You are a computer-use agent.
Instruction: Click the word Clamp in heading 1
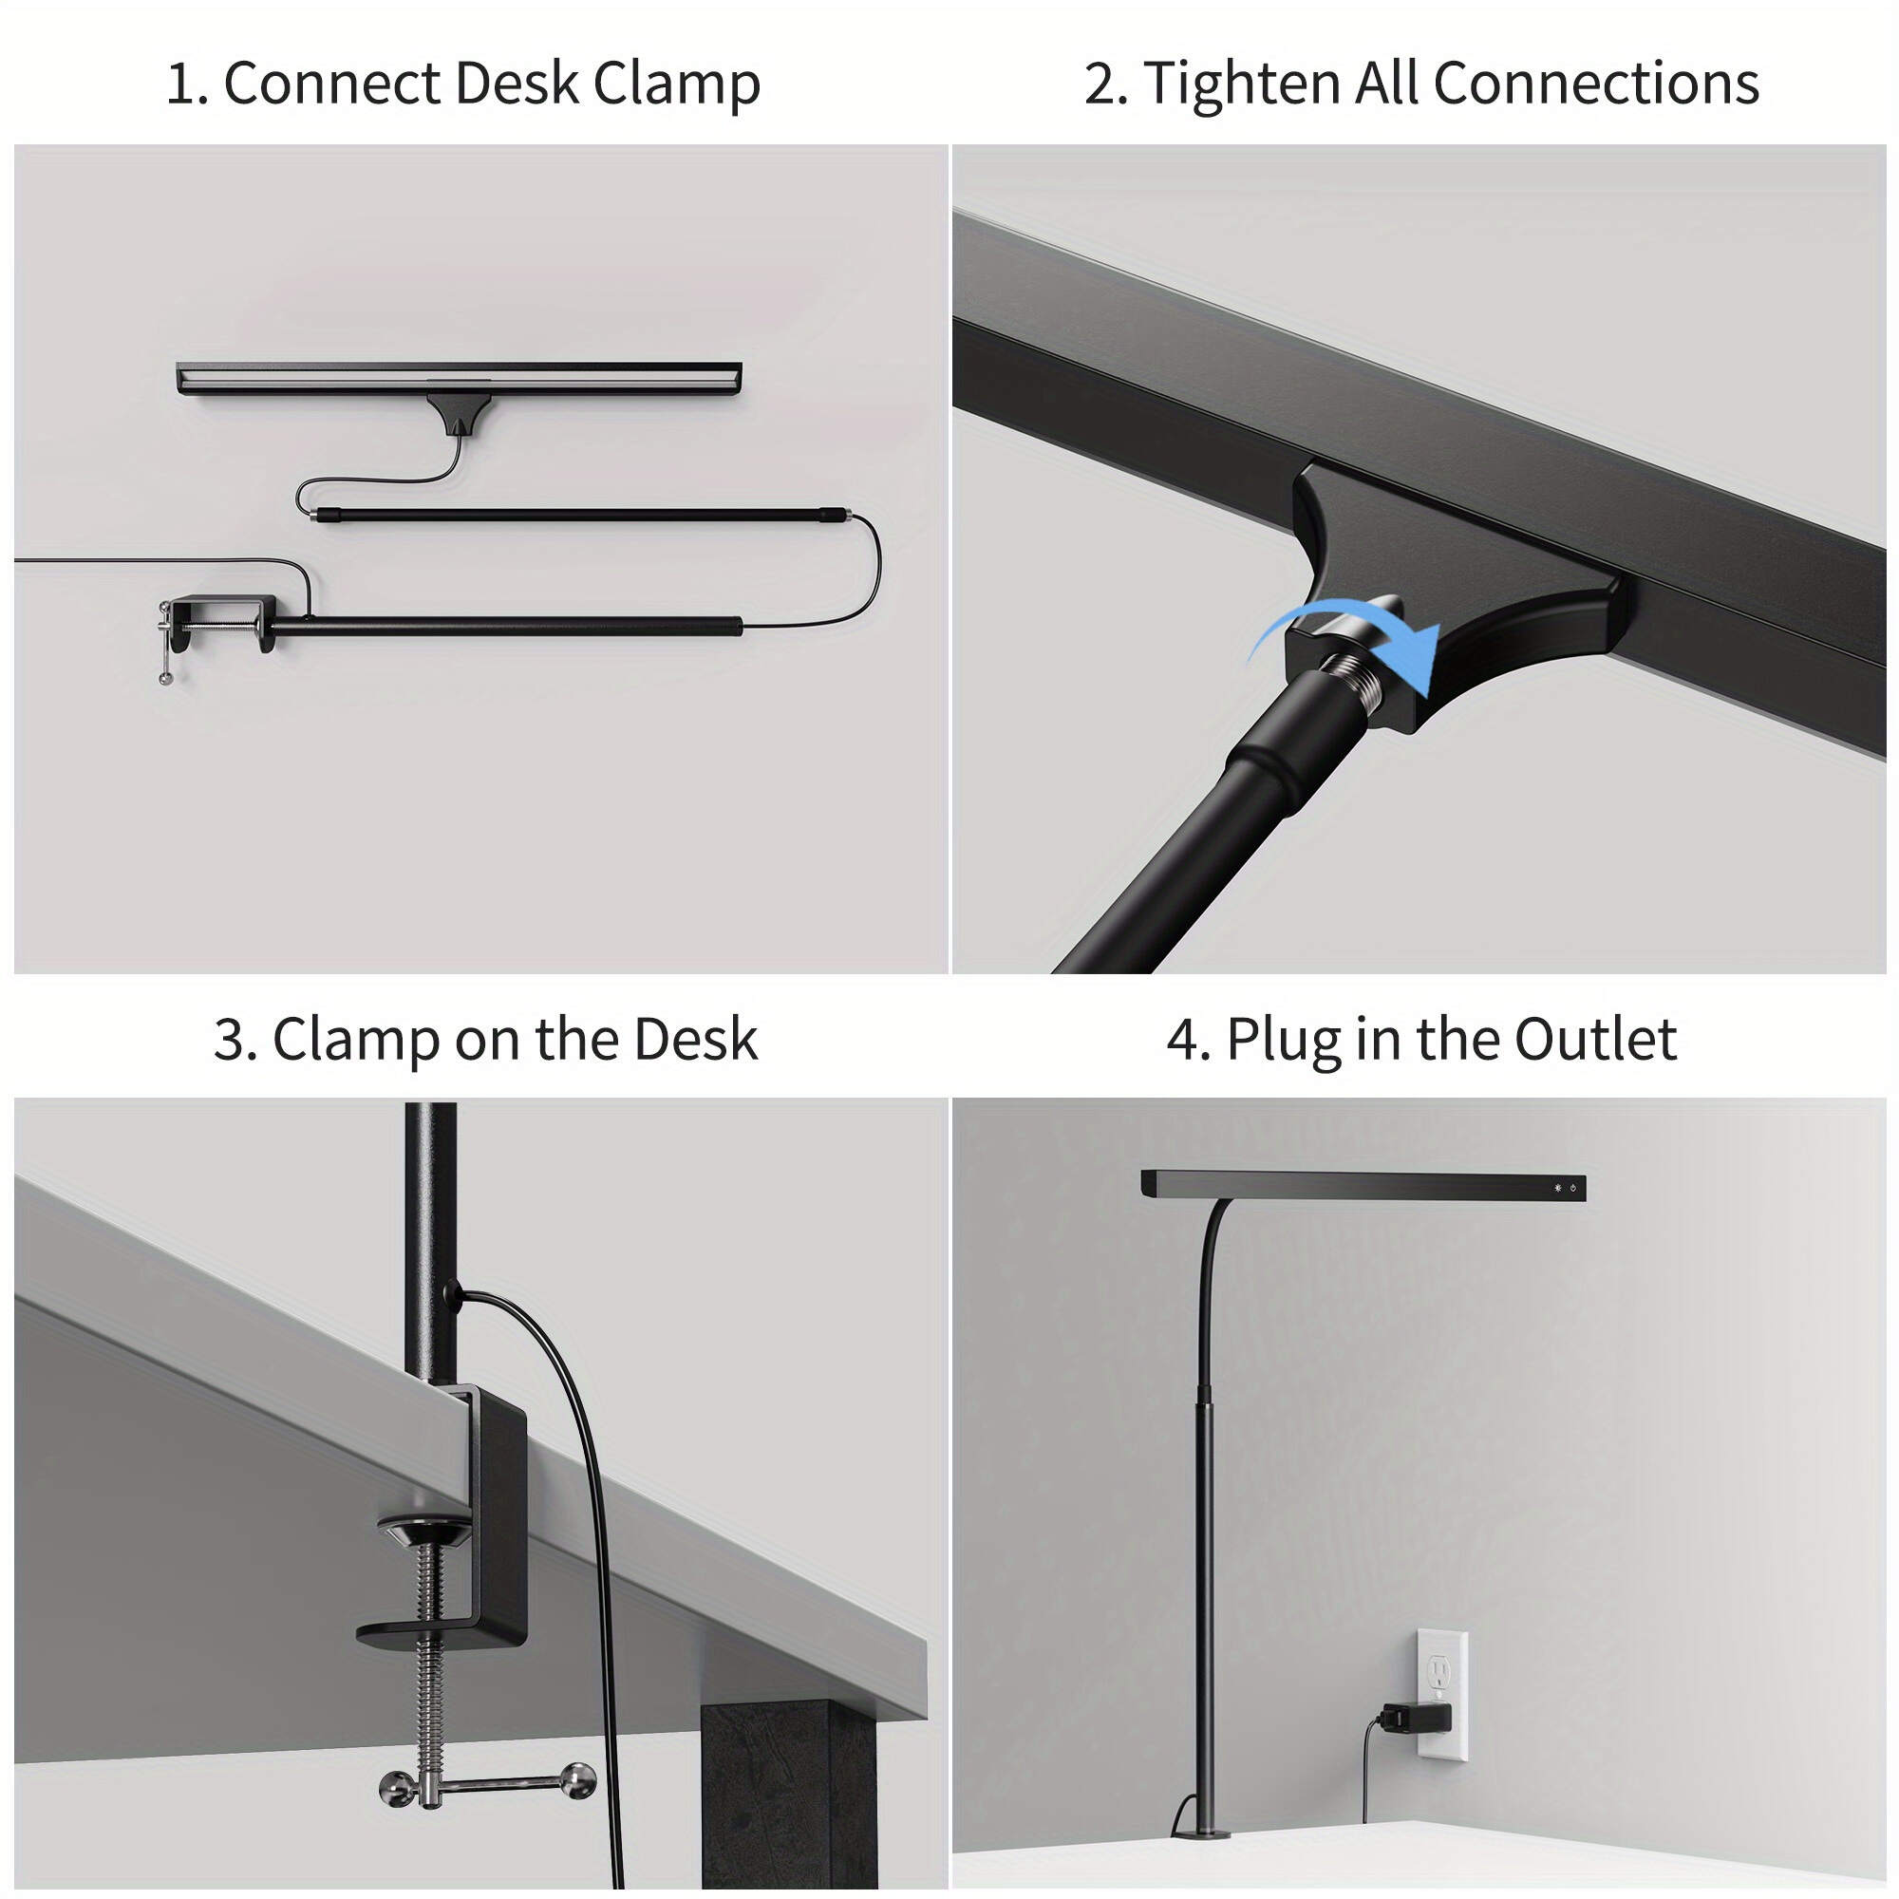coord(676,84)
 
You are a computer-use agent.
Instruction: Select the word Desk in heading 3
coord(695,1040)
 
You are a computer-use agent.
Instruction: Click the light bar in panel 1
coord(458,379)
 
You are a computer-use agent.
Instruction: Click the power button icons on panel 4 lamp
coord(1565,1189)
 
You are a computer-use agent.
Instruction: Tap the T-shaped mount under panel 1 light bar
coord(458,413)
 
